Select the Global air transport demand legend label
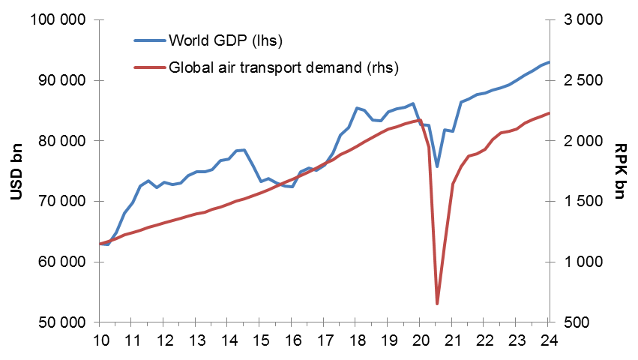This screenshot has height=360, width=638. pos(283,67)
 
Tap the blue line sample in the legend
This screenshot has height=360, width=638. pos(149,40)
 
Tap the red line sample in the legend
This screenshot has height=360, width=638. pos(149,67)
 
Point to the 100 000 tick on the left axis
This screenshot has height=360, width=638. pos(56,20)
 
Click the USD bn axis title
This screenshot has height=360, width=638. pos(16,172)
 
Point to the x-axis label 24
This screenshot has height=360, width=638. pos(549,340)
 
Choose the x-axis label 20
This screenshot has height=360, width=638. pos(421,340)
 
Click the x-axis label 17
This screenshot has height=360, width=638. pos(324,340)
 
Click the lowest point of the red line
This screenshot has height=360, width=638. pos(437,304)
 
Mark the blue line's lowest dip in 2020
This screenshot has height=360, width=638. pos(437,167)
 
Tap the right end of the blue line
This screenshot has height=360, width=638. pos(549,62)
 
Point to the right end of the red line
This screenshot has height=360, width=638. pos(549,113)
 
